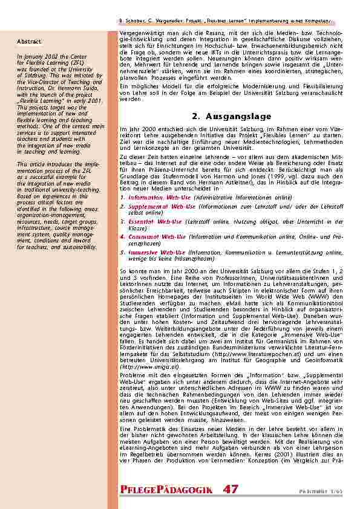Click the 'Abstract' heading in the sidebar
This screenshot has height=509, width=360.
[29, 42]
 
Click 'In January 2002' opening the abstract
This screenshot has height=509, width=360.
[37, 56]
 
